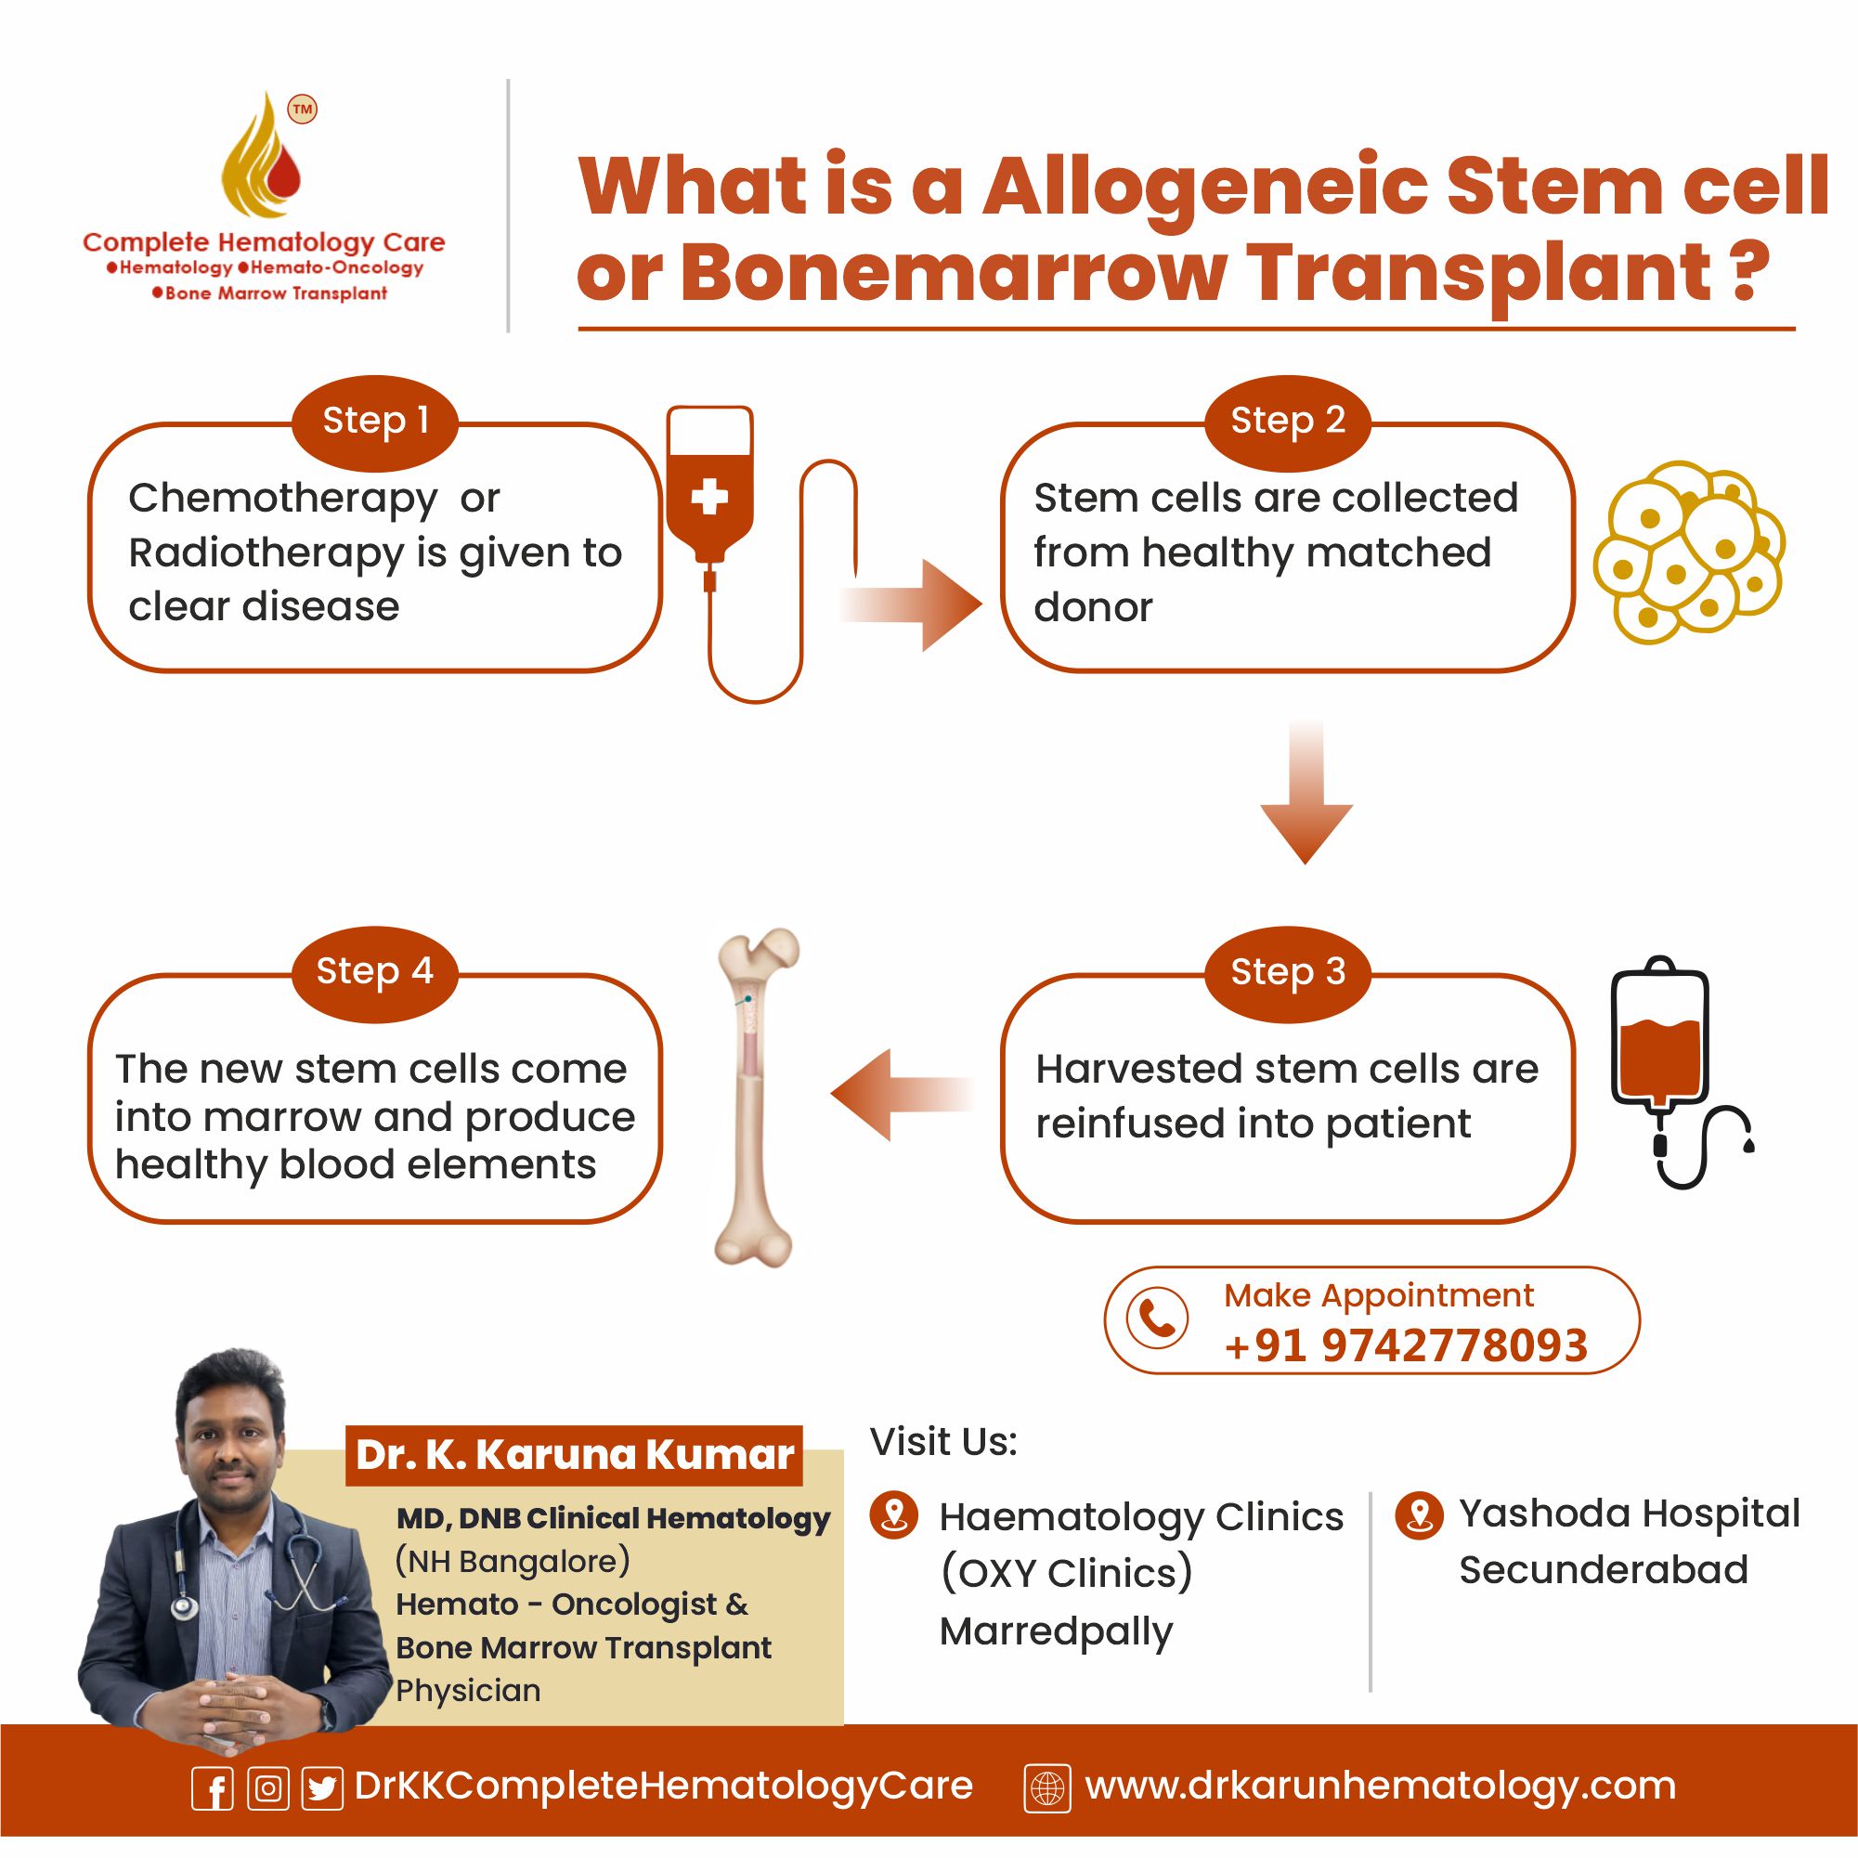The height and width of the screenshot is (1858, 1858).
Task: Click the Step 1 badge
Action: click(x=375, y=422)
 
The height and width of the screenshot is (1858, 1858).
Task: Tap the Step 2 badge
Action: click(x=1288, y=422)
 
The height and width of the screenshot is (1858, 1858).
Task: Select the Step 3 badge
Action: click(x=1288, y=972)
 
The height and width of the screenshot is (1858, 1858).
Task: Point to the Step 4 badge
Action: click(x=375, y=972)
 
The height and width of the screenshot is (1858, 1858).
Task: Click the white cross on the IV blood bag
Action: click(x=709, y=497)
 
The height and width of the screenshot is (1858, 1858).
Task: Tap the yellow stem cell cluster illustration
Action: click(x=1689, y=551)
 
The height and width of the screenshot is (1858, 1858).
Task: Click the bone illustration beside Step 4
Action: click(x=757, y=1097)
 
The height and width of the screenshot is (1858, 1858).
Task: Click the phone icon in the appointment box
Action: click(x=1157, y=1318)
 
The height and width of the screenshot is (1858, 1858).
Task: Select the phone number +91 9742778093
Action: click(x=1406, y=1345)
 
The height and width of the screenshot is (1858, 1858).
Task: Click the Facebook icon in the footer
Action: click(x=213, y=1787)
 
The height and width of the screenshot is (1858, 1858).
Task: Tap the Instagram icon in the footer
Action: click(x=268, y=1787)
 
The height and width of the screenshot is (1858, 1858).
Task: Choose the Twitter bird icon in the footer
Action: click(x=322, y=1787)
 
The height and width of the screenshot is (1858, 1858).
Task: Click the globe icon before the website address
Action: click(x=1047, y=1787)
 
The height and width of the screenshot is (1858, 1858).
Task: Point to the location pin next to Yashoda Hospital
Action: click(x=1420, y=1516)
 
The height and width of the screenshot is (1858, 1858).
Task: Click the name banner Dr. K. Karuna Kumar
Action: click(x=574, y=1455)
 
